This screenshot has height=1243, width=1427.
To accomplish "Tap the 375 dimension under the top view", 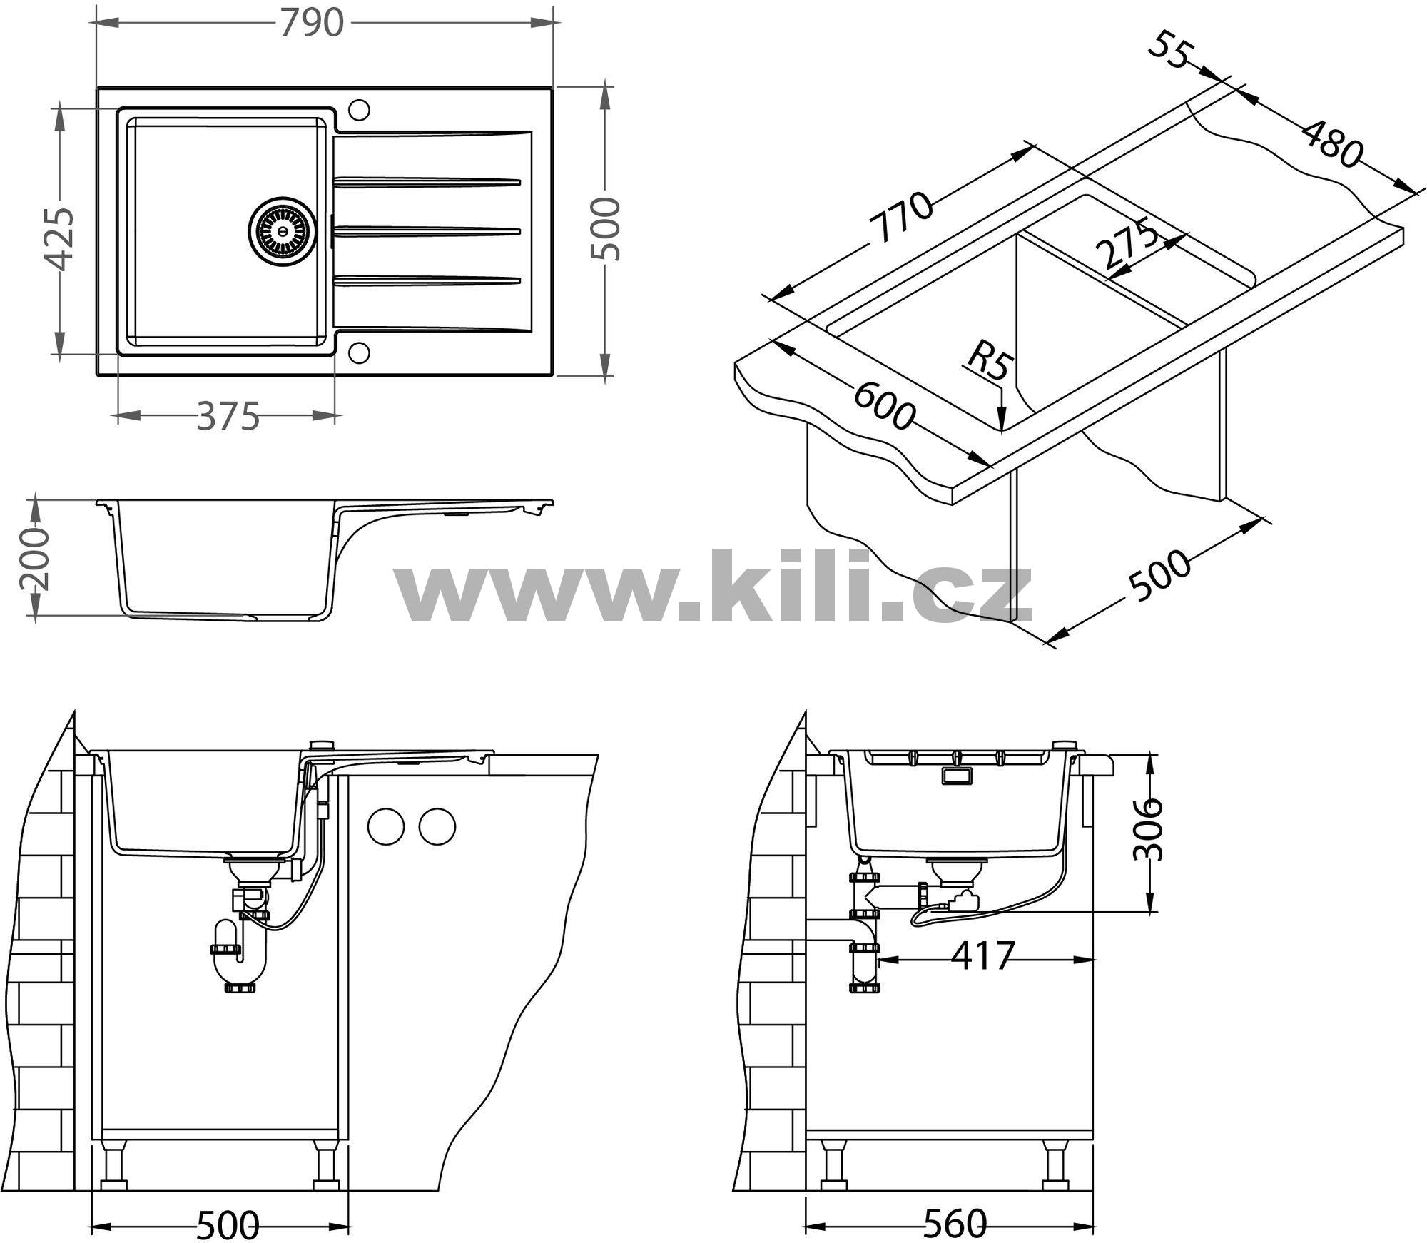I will (x=228, y=416).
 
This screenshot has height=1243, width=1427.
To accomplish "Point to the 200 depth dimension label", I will (x=34, y=560).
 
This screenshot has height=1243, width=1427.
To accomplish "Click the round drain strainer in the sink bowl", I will (x=281, y=230).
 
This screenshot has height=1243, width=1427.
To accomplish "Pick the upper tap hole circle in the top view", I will (x=358, y=111).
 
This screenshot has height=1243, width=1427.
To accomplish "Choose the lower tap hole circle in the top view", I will (x=358, y=352).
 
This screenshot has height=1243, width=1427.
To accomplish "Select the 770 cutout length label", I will (x=902, y=218).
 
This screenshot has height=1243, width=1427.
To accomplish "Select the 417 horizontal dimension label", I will (x=982, y=956).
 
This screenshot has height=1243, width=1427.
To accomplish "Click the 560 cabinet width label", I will (x=954, y=1223).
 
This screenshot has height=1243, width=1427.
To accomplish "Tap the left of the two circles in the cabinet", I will (x=386, y=826).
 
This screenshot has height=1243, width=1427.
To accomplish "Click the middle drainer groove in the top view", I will (x=427, y=230).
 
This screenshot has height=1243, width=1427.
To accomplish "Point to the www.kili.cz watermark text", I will (x=713, y=587).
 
